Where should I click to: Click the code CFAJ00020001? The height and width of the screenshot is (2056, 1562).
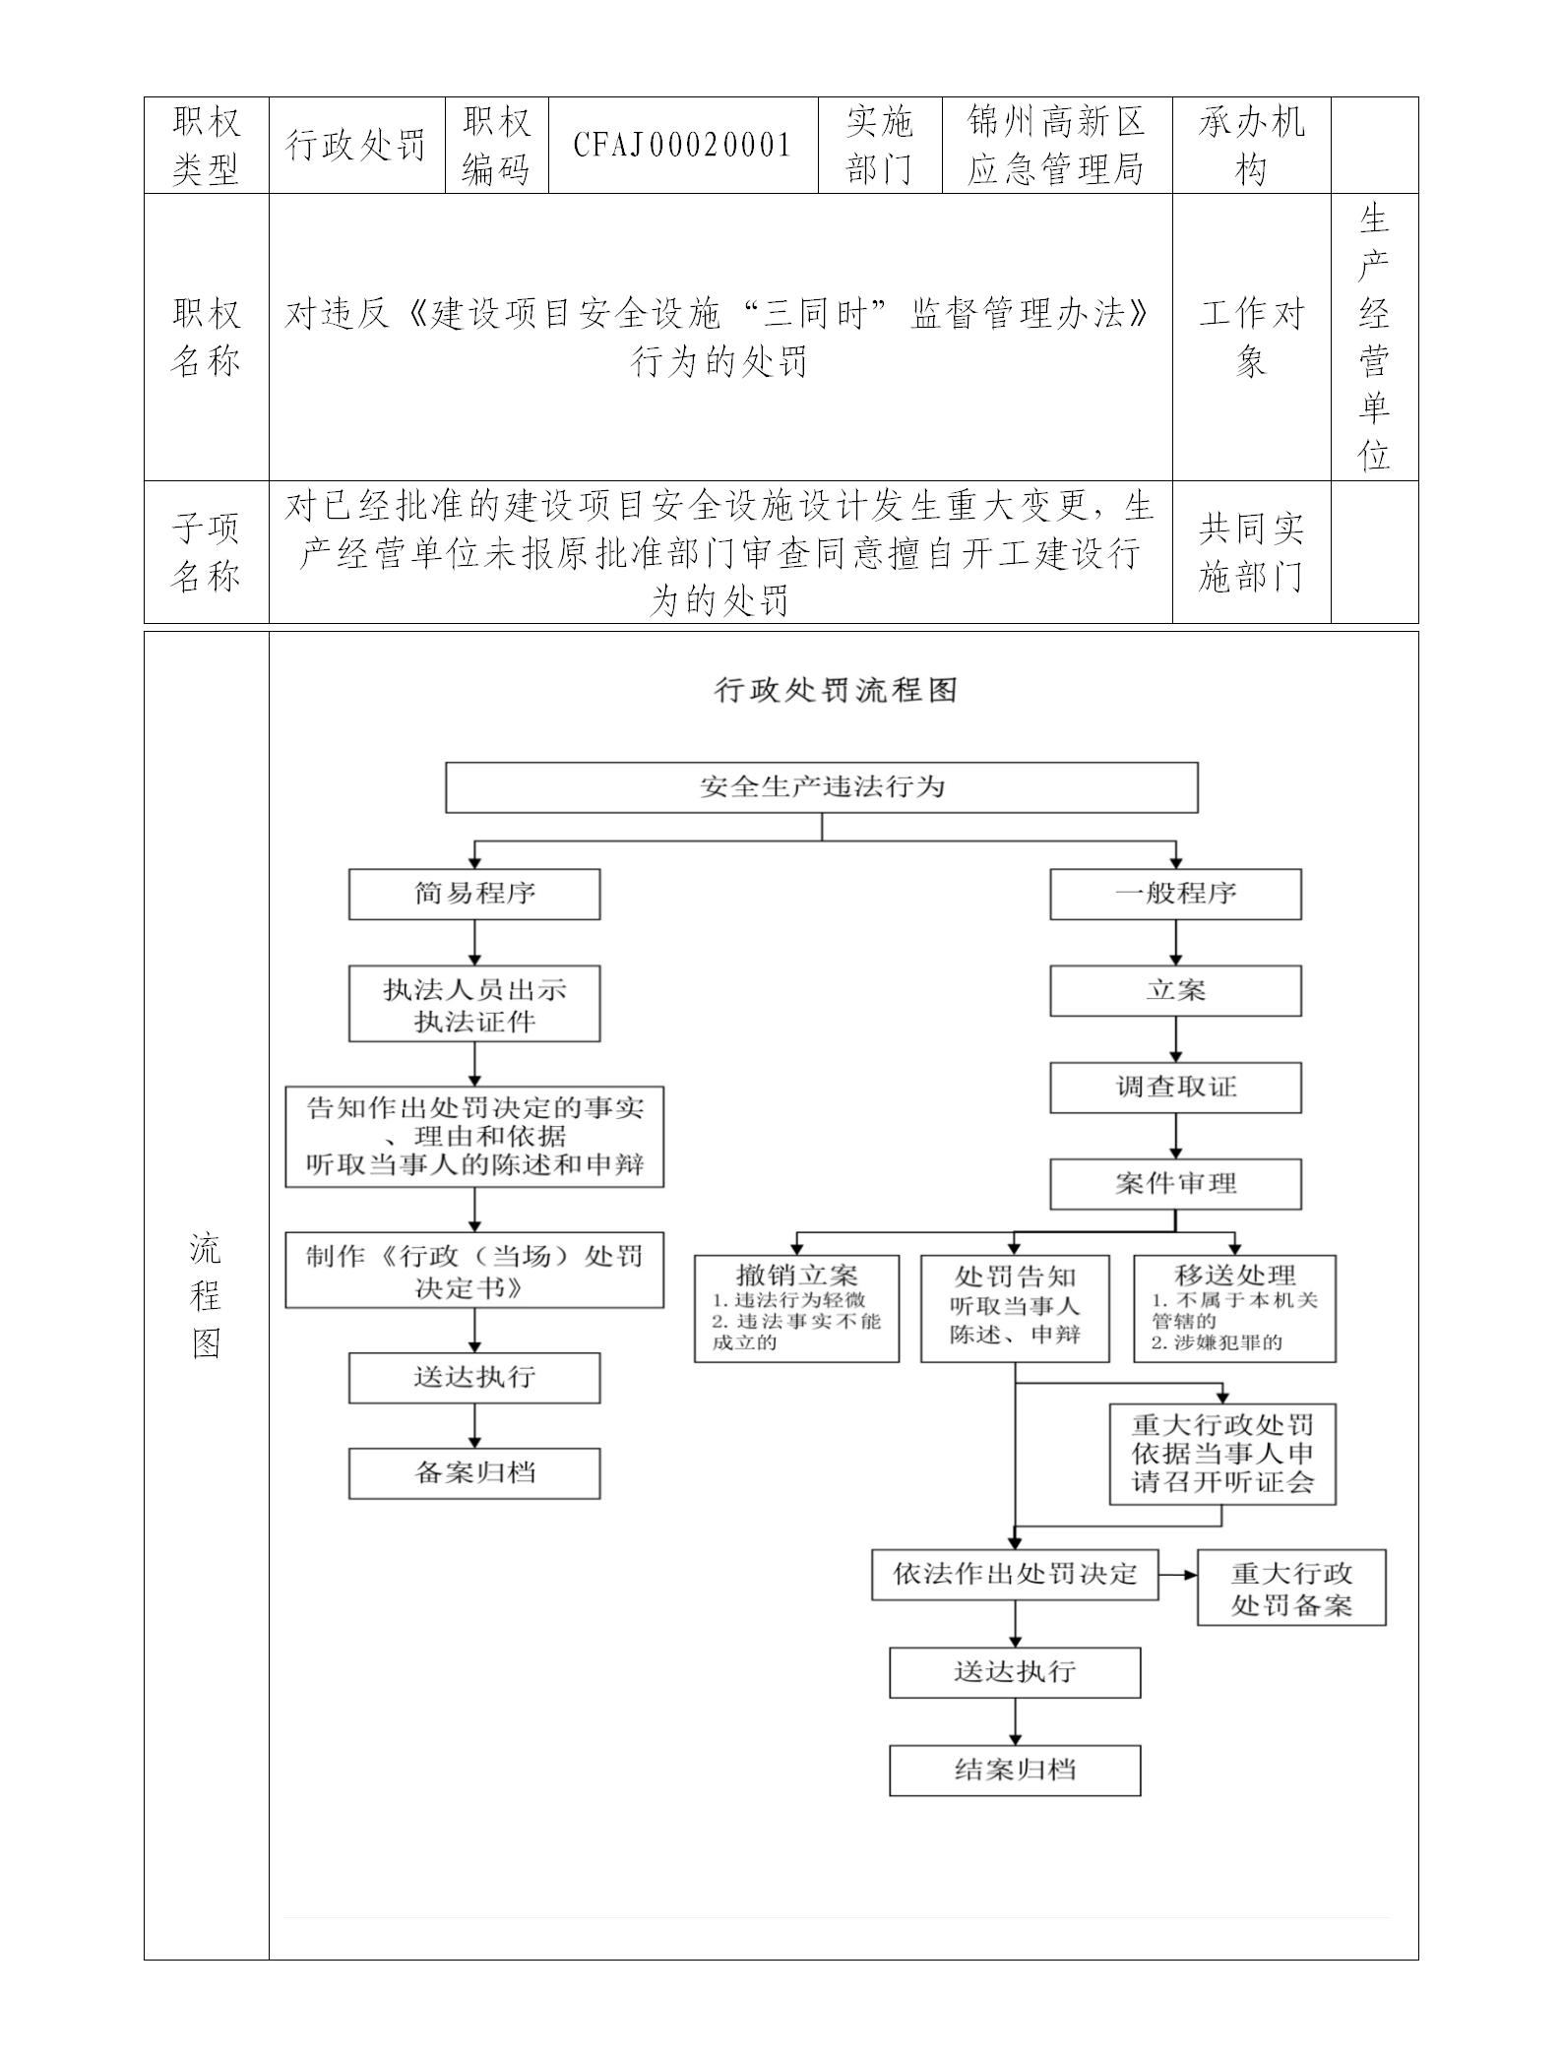(683, 146)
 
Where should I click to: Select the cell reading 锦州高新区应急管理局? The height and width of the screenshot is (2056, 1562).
(1056, 146)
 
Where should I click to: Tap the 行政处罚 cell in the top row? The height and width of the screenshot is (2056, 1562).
(356, 146)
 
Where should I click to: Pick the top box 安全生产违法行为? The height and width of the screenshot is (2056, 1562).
(822, 787)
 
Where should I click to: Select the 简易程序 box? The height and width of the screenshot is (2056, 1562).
(474, 894)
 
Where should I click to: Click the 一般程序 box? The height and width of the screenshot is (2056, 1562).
(1175, 894)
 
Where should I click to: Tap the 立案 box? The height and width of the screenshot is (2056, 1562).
(1175, 990)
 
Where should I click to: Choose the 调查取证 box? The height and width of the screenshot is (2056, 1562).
(1175, 1087)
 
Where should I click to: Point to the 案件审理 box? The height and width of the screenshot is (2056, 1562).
(1175, 1183)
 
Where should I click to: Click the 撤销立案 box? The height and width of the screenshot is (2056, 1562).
(796, 1308)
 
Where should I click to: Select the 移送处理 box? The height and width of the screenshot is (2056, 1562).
(1234, 1308)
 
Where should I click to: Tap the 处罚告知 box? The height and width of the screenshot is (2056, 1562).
(1015, 1308)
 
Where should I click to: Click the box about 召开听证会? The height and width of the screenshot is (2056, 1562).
(1222, 1454)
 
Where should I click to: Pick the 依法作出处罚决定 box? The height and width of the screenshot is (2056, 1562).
(1015, 1574)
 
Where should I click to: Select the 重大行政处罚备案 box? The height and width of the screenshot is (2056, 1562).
(1291, 1588)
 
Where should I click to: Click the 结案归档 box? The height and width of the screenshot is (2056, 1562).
(1015, 1771)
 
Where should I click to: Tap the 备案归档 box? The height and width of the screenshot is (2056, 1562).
(474, 1473)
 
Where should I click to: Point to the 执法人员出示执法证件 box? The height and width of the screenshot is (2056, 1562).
(474, 1004)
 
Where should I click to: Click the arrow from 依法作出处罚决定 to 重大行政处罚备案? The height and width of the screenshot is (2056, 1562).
(1178, 1574)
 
